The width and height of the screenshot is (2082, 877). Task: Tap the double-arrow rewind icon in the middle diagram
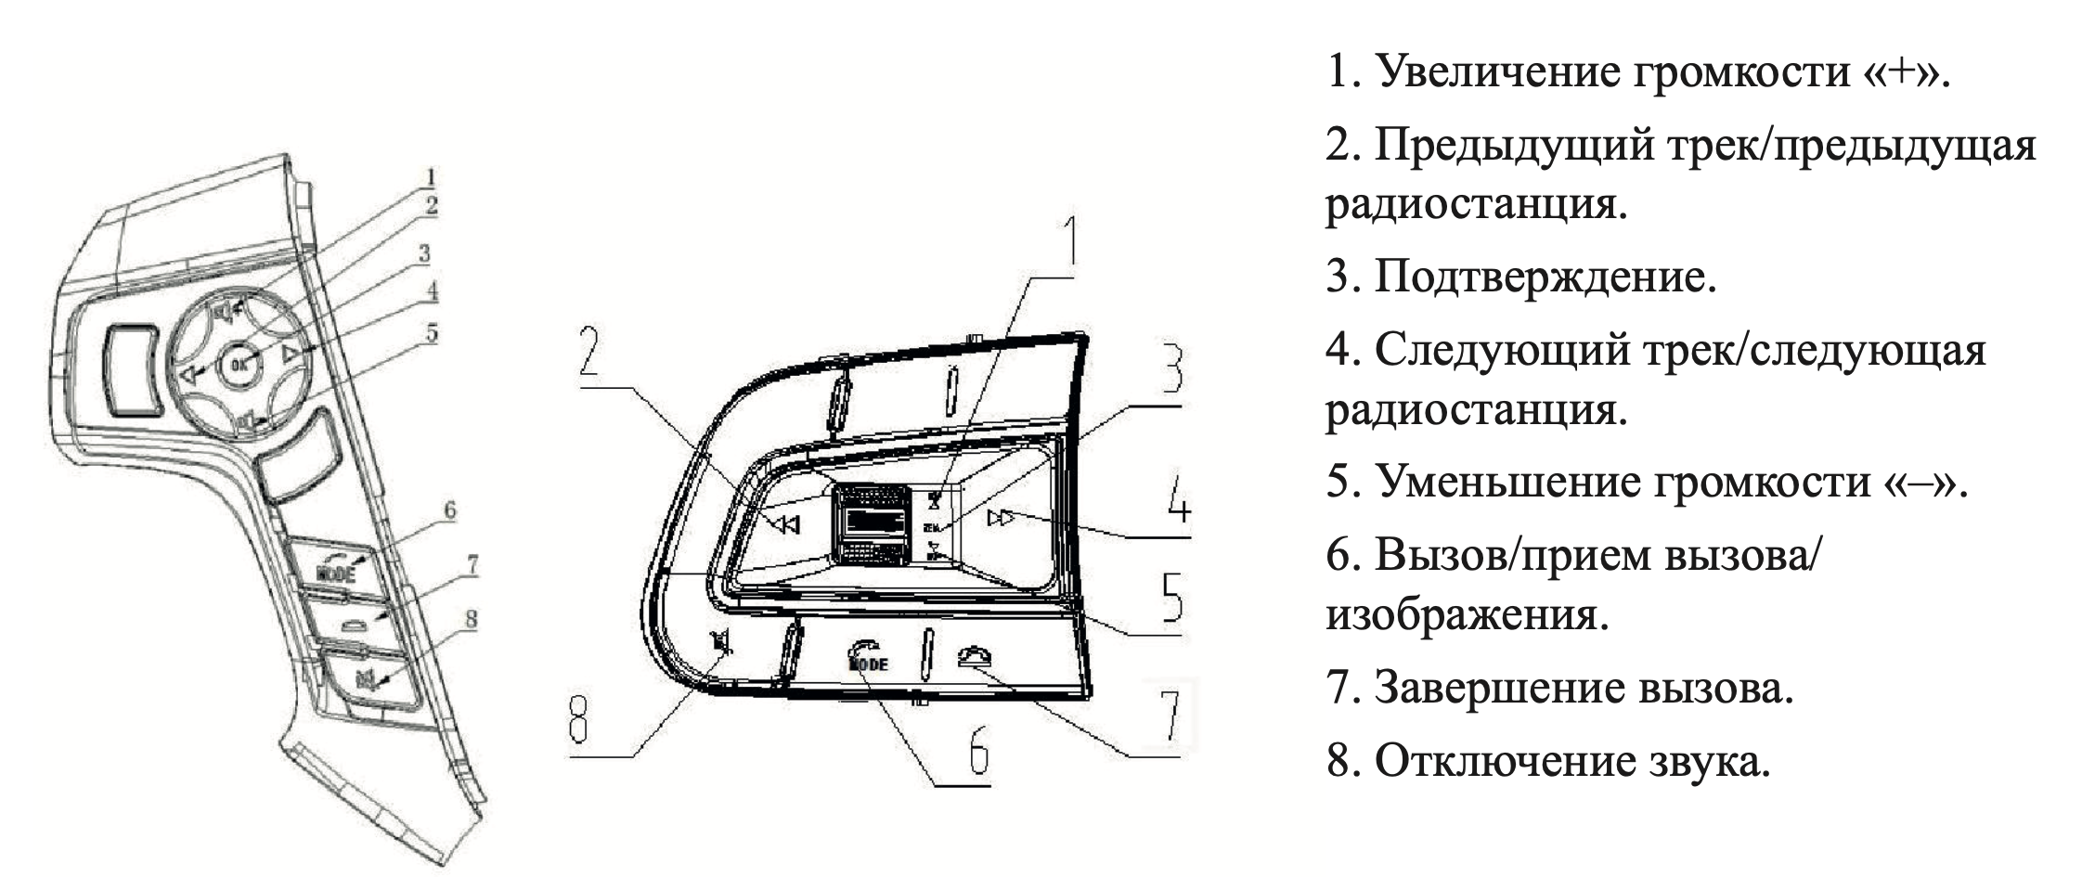tap(786, 525)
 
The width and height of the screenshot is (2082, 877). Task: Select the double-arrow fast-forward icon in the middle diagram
tap(1002, 518)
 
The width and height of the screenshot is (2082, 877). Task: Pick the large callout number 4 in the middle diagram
tap(1177, 502)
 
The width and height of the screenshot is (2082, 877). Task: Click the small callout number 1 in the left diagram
tap(431, 176)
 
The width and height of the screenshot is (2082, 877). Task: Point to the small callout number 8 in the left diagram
tap(471, 618)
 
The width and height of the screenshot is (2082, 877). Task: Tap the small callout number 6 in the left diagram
tap(449, 509)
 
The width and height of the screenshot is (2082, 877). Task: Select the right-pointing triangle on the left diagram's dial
tap(291, 354)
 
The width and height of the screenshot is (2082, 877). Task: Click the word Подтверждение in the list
tap(1545, 277)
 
